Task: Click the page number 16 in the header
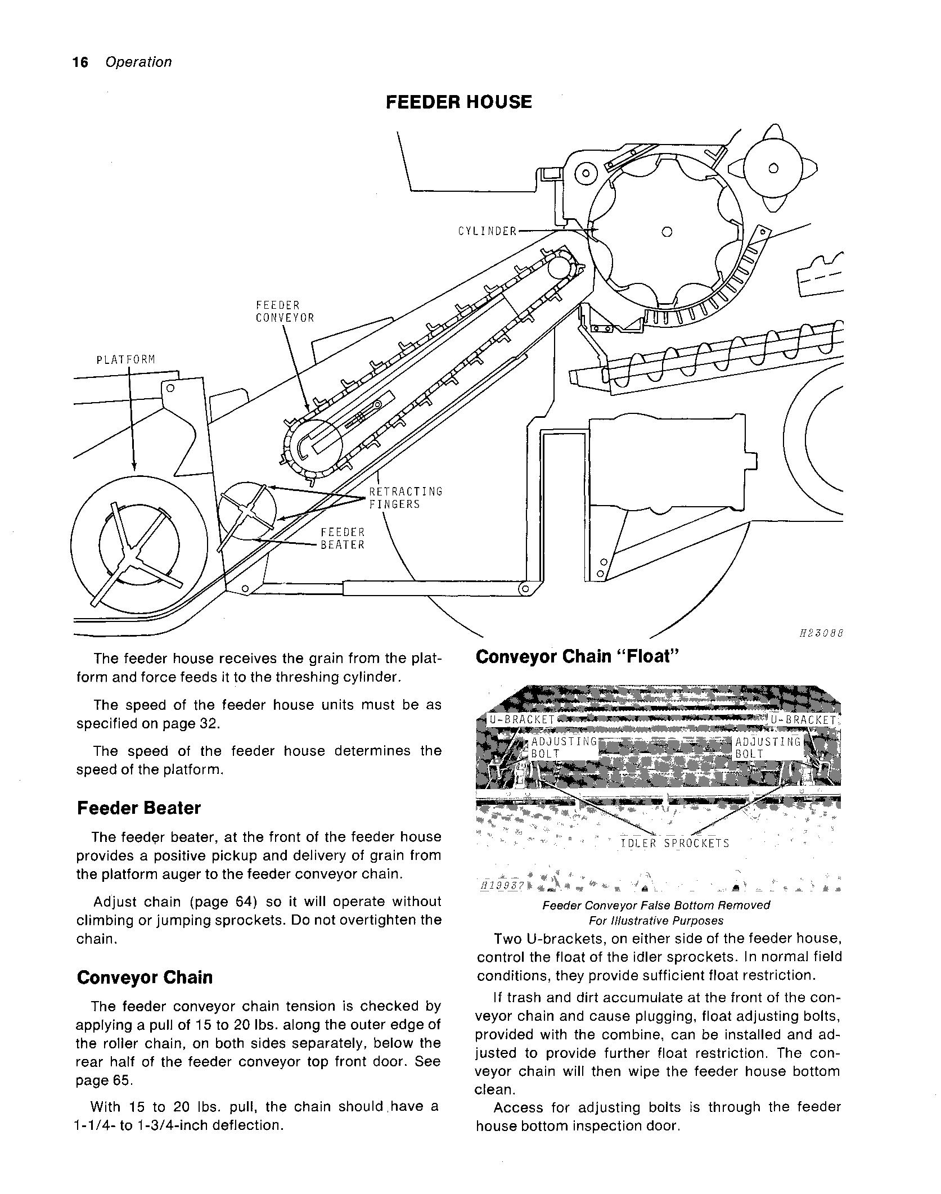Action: tap(80, 62)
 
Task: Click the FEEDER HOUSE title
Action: tap(458, 102)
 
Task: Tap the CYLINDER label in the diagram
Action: tap(487, 231)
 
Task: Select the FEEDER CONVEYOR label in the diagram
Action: tap(285, 312)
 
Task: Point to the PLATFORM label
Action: tap(126, 359)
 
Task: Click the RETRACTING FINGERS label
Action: tap(406, 498)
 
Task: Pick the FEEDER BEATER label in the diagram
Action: tap(343, 538)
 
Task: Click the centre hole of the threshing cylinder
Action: tap(667, 231)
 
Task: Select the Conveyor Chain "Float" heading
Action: tap(578, 657)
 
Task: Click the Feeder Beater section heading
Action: tap(138, 808)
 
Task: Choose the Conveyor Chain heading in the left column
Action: tap(145, 977)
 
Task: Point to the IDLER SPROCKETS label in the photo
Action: tap(675, 844)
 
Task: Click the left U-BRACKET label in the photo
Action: tap(521, 720)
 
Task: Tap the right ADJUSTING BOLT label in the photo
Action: tap(768, 748)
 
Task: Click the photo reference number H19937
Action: tap(502, 886)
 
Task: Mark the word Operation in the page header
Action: tap(138, 62)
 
